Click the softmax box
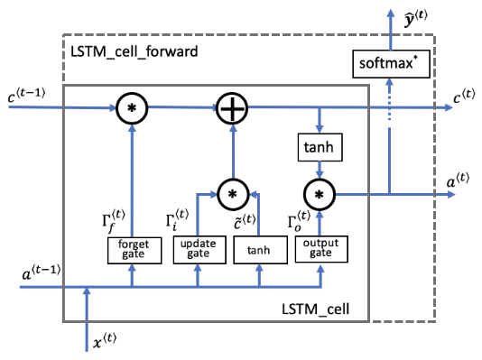[x=390, y=64]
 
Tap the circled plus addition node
[x=232, y=110]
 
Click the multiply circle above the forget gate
[x=133, y=110]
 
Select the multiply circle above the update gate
[x=232, y=193]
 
